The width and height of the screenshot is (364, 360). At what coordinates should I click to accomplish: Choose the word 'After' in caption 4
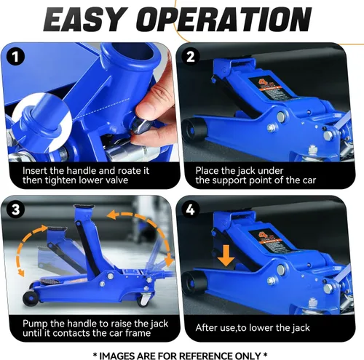pyautogui.click(x=208, y=328)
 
